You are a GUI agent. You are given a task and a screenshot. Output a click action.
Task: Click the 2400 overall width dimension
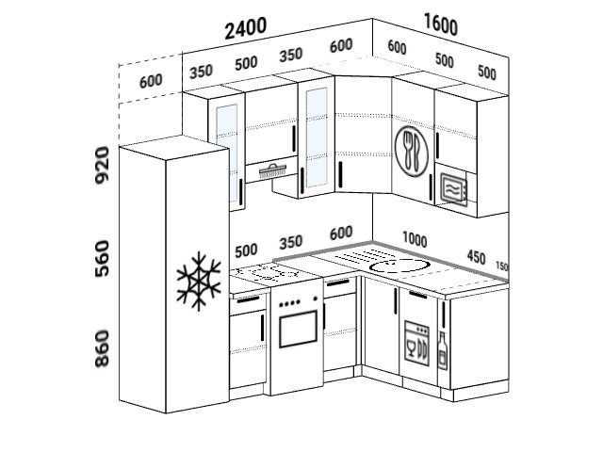[245, 28]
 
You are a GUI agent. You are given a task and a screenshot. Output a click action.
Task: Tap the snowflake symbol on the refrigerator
[199, 282]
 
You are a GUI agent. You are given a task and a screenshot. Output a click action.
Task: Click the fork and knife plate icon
[411, 151]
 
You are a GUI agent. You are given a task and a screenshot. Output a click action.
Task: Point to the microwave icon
[454, 189]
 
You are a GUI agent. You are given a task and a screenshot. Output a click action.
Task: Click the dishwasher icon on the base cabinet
[416, 344]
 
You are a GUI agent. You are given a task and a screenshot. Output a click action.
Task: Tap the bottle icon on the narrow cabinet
[443, 351]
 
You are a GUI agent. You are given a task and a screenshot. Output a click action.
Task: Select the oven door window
[298, 330]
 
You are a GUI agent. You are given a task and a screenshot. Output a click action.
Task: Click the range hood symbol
[272, 170]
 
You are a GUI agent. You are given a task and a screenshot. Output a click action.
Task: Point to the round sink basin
[399, 266]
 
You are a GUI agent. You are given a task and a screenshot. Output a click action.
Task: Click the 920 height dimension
[103, 165]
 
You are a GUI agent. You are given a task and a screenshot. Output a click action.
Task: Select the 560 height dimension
[103, 259]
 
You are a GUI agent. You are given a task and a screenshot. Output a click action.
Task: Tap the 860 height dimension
[103, 348]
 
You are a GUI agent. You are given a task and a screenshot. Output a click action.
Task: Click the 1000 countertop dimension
[415, 239]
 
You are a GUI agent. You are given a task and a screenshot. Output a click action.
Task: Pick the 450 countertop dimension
[476, 257]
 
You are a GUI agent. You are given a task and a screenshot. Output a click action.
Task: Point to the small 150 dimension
[502, 266]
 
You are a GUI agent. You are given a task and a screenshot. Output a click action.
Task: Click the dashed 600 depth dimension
[151, 81]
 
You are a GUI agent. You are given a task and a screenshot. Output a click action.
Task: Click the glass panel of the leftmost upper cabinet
[226, 153]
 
